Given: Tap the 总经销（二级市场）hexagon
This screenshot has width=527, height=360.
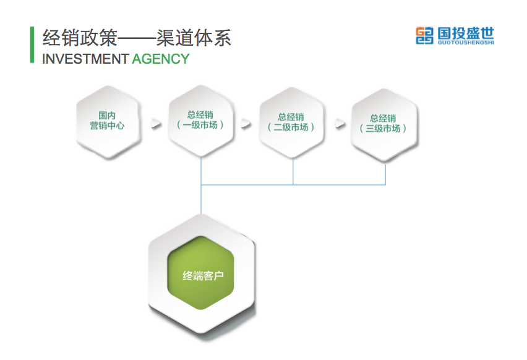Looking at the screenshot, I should click(291, 122).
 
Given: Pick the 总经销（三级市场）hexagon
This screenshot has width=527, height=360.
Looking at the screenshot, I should click(383, 123).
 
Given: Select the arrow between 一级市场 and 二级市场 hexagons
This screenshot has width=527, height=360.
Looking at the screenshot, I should click(246, 123).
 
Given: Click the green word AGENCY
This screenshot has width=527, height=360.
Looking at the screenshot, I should click(160, 59).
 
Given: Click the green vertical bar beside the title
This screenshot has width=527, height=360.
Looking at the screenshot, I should click(32, 45).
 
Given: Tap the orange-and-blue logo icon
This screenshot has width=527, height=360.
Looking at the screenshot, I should click(424, 35).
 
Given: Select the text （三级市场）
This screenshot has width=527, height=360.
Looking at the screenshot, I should click(383, 128).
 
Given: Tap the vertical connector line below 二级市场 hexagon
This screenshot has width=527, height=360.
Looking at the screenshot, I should click(293, 170).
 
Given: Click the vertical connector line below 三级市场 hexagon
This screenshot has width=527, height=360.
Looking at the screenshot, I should click(385, 173).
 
